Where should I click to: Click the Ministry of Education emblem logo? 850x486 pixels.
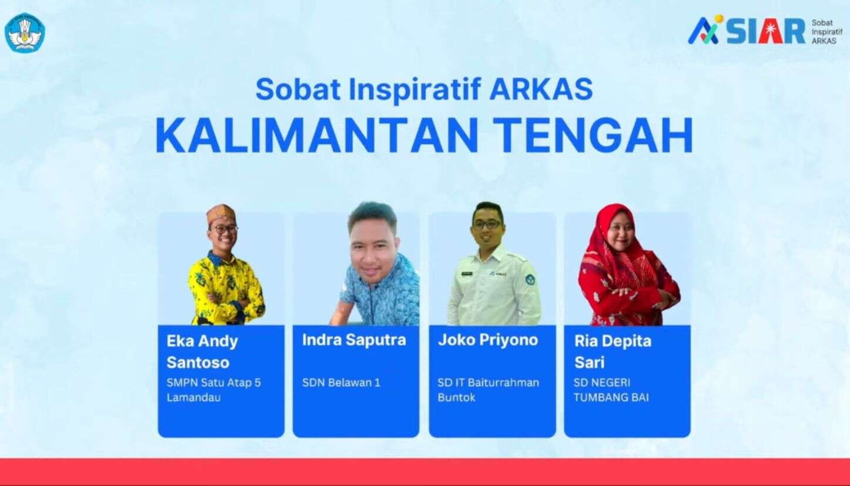coord(25,33)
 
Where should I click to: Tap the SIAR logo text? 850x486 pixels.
coord(765,32)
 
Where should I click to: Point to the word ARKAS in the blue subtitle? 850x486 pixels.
coord(541,89)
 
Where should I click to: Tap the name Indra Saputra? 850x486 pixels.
coord(354,340)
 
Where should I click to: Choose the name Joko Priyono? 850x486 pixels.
coord(488,340)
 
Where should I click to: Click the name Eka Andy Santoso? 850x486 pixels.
coord(202,352)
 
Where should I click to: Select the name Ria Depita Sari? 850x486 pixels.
coord(613,352)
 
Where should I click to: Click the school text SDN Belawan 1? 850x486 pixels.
coord(341,383)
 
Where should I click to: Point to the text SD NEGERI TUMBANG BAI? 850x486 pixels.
coord(611,390)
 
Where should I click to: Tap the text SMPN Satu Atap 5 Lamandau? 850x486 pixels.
coord(213,390)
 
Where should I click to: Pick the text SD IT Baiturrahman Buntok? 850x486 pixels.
coord(488,390)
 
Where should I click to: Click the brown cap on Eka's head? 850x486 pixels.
coord(221,214)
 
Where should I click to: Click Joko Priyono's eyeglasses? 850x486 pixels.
coord(487,224)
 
